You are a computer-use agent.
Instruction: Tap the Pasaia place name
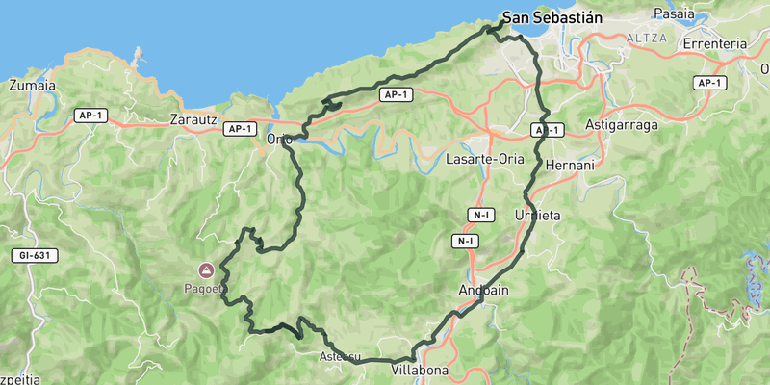pyautogui.click(x=673, y=13)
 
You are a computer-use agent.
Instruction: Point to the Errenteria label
pyautogui.click(x=714, y=44)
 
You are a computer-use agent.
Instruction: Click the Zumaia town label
pyautogui.click(x=32, y=85)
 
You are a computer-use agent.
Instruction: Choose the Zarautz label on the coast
pyautogui.click(x=195, y=121)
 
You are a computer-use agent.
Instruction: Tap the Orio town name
pyautogui.click(x=279, y=140)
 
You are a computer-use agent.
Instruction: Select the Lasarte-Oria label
pyautogui.click(x=485, y=158)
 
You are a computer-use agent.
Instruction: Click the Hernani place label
pyautogui.click(x=571, y=166)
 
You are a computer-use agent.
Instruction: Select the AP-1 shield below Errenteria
pyautogui.click(x=709, y=83)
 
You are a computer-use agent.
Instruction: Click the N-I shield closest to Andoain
pyautogui.click(x=466, y=241)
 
